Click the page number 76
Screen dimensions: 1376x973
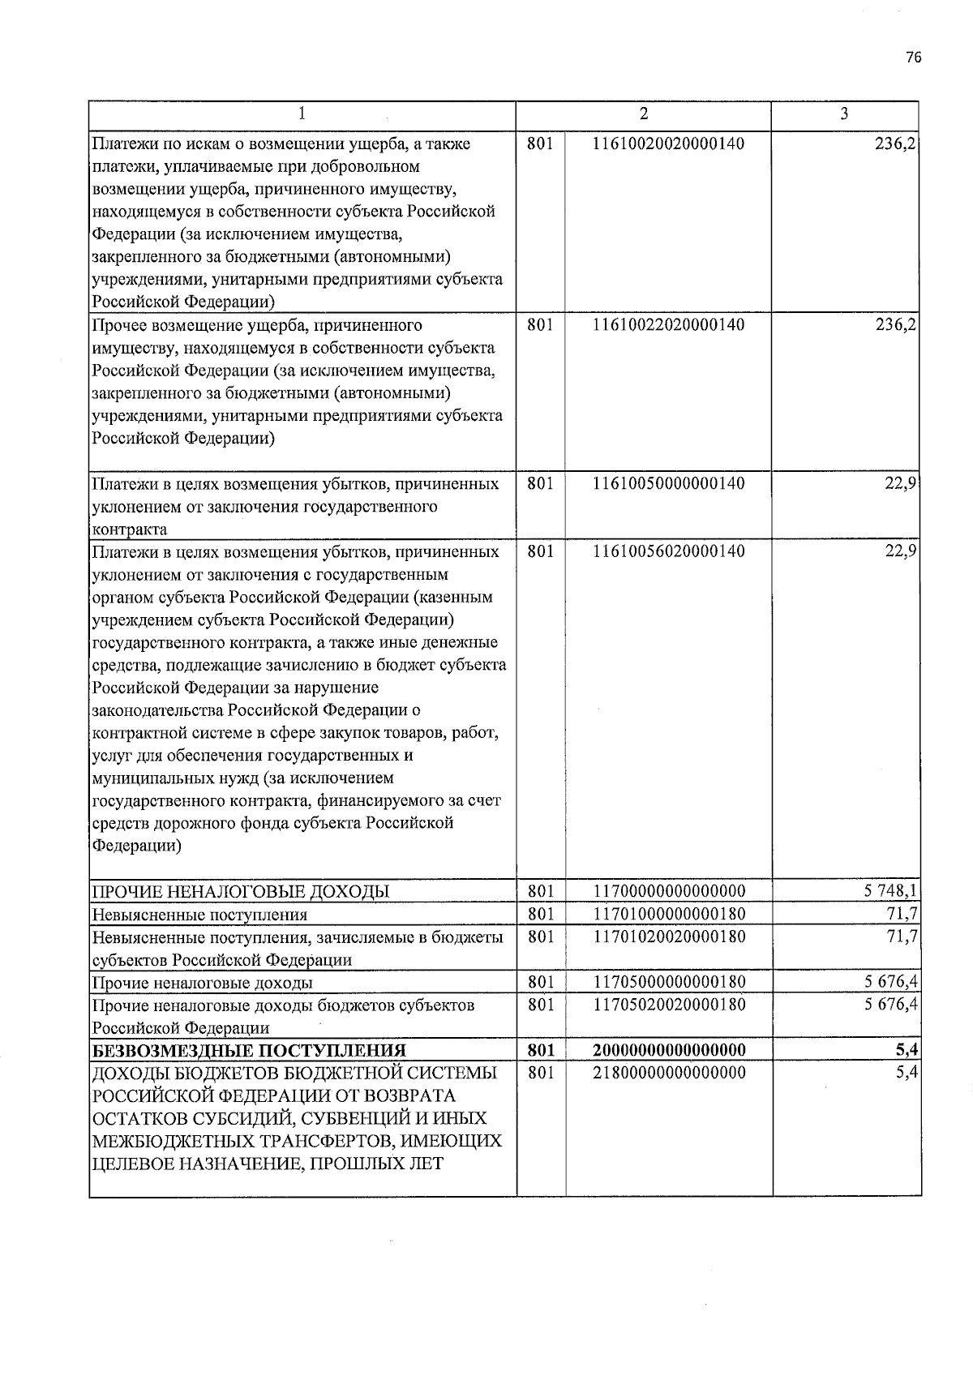coord(914,58)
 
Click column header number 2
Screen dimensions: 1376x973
coord(643,114)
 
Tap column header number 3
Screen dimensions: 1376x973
coord(844,114)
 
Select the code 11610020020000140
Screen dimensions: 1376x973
coord(669,144)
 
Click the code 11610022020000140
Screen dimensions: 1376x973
coord(669,325)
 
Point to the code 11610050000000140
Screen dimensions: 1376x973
coord(669,484)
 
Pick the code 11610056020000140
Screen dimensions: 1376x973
coord(669,551)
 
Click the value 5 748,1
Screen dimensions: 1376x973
coord(890,891)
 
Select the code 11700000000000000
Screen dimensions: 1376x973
coord(669,891)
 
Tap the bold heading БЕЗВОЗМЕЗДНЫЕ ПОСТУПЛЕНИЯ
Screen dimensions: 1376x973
coord(250,1051)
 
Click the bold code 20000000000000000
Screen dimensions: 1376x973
coord(669,1051)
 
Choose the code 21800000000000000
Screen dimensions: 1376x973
coord(669,1073)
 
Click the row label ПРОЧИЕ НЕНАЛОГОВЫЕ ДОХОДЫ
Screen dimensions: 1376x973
coord(241,892)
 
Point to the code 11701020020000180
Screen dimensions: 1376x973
coord(669,937)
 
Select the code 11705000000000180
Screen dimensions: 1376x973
coord(669,982)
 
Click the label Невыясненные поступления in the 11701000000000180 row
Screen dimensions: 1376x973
coord(200,915)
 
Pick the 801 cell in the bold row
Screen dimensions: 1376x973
coord(541,1051)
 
